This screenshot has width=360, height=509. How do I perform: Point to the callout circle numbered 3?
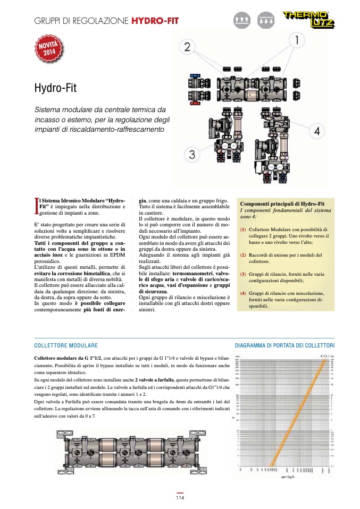192,155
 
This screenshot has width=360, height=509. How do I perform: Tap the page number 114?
180,498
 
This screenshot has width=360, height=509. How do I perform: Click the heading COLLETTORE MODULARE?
65,345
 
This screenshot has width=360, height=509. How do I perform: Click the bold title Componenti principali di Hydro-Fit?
280,204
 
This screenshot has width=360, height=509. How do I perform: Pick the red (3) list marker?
243,274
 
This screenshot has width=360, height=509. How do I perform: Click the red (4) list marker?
243,293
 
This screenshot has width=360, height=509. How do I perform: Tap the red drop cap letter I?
36,205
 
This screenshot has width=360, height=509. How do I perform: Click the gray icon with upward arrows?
241,20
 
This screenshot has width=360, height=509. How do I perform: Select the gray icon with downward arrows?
264,20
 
